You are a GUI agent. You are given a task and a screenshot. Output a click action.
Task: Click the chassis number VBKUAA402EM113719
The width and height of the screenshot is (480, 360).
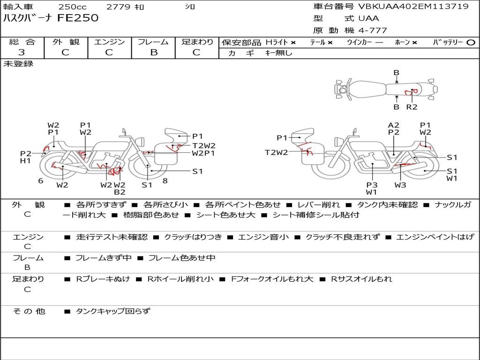[x=413, y=7]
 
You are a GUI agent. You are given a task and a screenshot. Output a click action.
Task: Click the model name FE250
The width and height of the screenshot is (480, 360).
[x=78, y=18]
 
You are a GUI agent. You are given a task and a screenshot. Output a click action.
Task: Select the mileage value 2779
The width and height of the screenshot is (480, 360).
[x=120, y=7]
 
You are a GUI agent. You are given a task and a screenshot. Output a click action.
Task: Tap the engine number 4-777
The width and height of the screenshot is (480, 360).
[x=373, y=30]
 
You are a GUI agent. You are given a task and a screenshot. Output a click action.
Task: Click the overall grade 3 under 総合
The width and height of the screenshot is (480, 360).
[x=22, y=52]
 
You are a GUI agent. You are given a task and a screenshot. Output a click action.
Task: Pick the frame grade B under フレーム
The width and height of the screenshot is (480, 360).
[x=153, y=52]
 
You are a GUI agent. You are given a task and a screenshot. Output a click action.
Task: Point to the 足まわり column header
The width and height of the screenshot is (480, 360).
[x=197, y=42]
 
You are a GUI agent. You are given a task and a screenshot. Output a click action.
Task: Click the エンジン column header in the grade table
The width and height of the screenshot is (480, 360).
[x=109, y=42]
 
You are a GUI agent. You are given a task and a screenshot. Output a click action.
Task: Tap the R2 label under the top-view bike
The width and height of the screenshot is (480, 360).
[x=412, y=107]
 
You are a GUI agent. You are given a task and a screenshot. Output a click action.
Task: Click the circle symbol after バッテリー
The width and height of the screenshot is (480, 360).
[x=471, y=42]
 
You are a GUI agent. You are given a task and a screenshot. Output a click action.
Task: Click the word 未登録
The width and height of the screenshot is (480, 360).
[x=18, y=64]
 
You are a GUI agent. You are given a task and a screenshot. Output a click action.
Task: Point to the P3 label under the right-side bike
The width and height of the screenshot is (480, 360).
[x=372, y=185]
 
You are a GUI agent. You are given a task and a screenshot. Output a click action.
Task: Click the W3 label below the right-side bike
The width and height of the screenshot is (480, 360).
[x=400, y=185]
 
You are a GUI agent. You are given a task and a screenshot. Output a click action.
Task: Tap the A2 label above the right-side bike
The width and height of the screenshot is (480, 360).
[x=393, y=125]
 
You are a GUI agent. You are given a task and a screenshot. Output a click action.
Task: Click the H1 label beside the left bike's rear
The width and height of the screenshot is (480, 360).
[x=25, y=161]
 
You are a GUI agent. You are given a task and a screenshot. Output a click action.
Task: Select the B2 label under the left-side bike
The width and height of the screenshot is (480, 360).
[x=120, y=192]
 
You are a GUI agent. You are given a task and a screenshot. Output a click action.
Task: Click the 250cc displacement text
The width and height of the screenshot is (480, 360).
[x=73, y=7]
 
